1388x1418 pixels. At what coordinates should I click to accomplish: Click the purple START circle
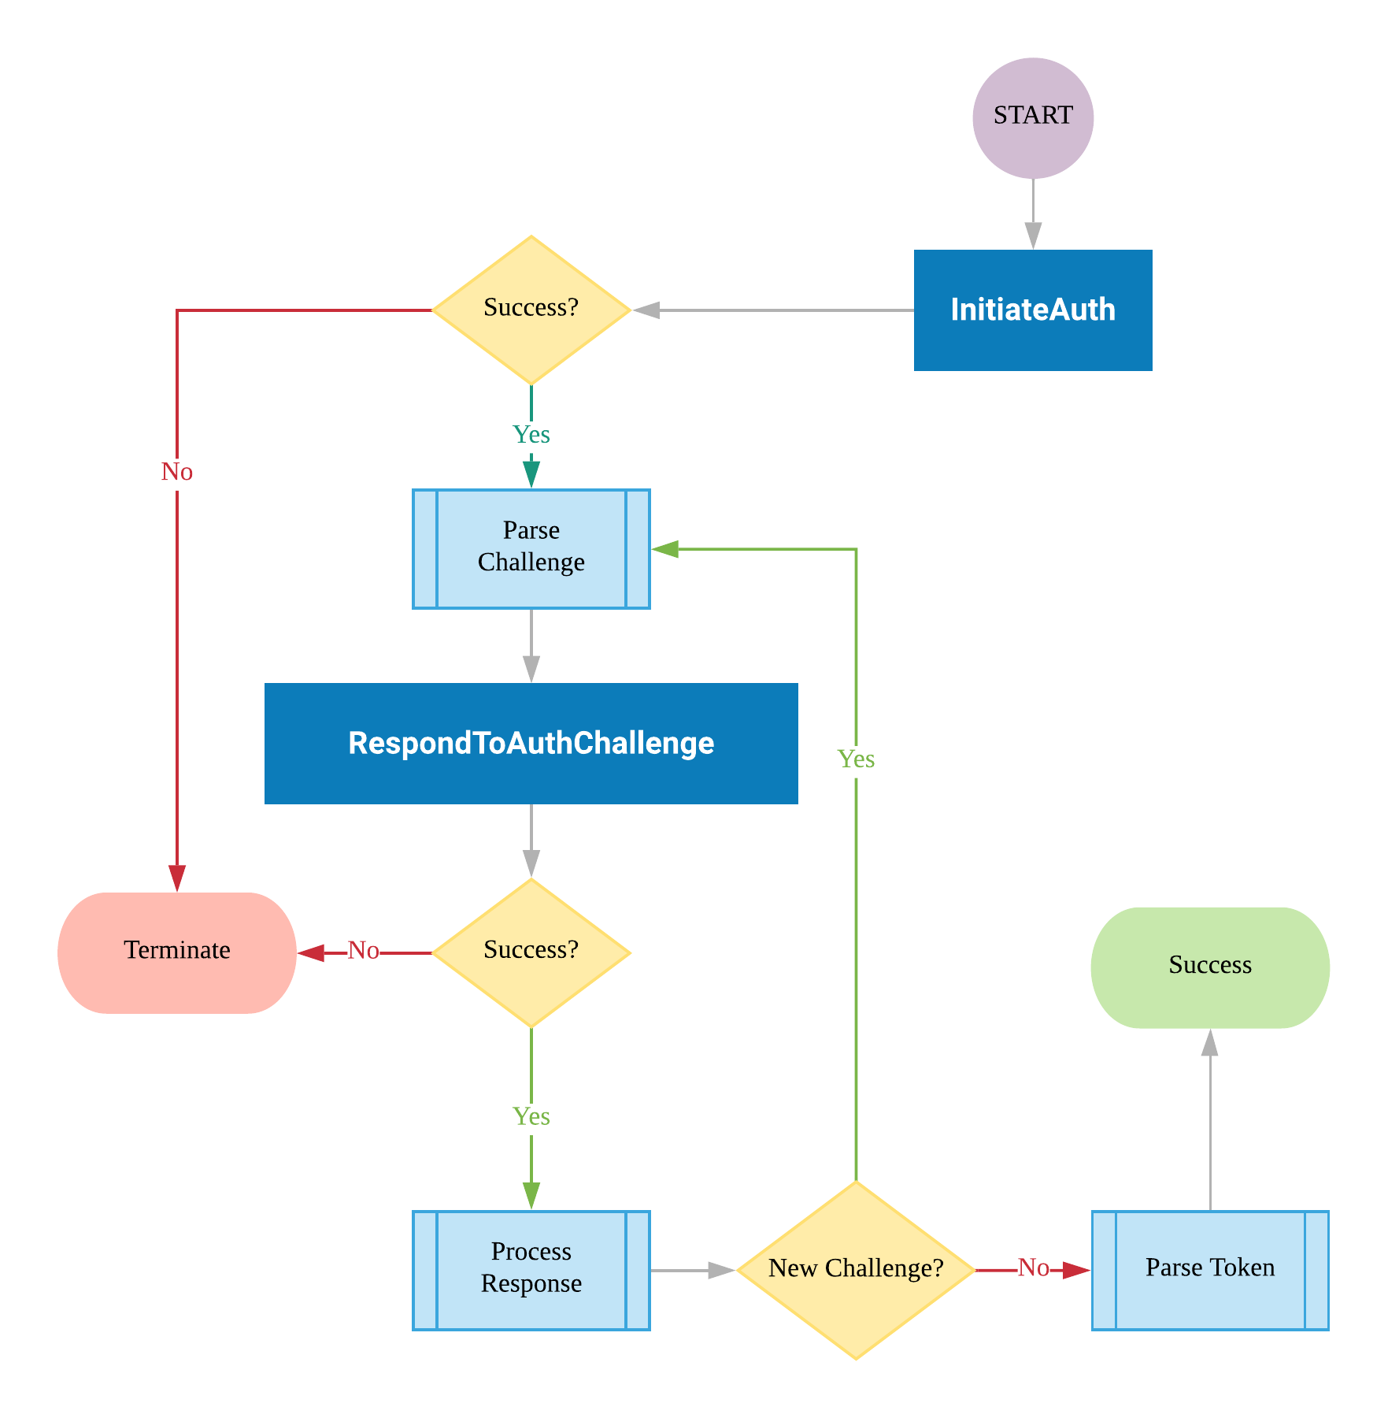pos(1032,118)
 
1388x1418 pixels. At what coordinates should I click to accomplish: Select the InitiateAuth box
pos(1032,310)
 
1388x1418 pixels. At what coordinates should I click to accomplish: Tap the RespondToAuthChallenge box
pos(531,743)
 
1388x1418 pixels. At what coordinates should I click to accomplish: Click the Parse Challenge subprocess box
pos(531,549)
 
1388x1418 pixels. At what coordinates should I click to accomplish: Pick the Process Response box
pos(531,1270)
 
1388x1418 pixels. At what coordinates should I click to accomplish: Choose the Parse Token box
pos(1209,1270)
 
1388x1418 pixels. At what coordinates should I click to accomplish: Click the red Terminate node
pos(177,952)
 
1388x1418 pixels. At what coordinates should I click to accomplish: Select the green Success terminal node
pos(1209,967)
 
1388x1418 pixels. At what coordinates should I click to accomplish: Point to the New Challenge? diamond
pos(856,1270)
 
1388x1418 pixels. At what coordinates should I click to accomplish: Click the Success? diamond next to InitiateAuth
pos(531,310)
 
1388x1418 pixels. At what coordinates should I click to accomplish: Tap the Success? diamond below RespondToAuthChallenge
pos(531,952)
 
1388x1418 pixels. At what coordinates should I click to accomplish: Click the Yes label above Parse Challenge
pos(531,435)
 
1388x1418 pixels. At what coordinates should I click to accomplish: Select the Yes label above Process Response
pos(531,1116)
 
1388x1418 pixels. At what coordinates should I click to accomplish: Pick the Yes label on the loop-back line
pos(856,759)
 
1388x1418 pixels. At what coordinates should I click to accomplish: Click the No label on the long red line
pos(177,472)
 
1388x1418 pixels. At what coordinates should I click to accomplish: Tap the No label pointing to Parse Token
pos(1033,1268)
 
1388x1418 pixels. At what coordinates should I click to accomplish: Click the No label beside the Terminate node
pos(363,951)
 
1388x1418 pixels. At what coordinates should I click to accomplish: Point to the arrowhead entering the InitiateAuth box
pos(1033,237)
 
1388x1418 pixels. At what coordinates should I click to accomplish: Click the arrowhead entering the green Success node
pos(1210,1042)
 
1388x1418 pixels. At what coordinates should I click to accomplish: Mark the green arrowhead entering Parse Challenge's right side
pos(665,549)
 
